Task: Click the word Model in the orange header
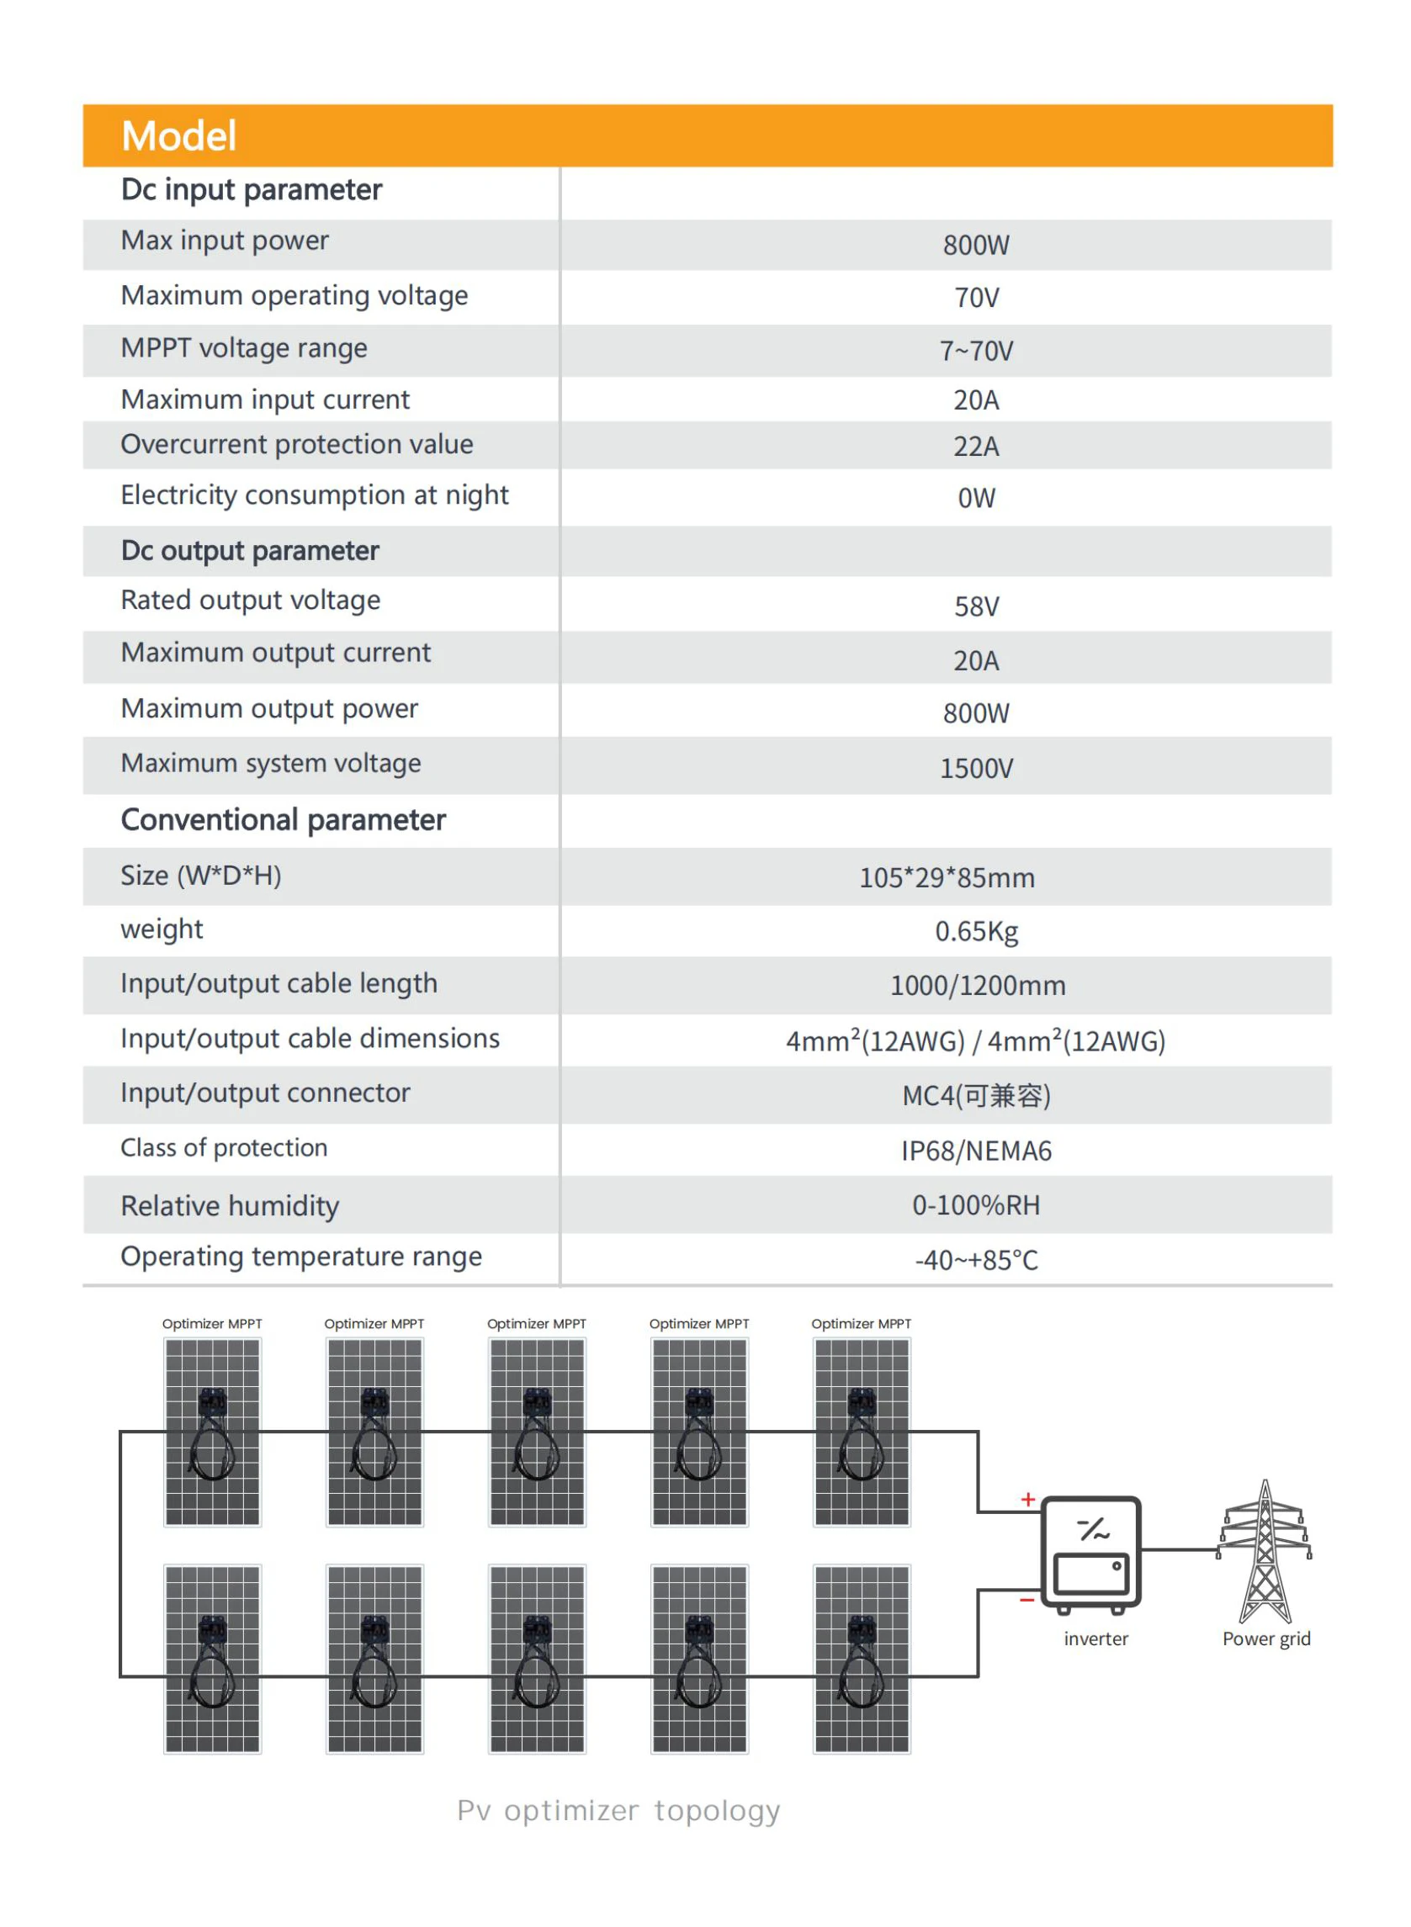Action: [x=178, y=135]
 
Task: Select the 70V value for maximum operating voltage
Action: [x=976, y=298]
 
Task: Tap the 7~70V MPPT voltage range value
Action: [x=976, y=351]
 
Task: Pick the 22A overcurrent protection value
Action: [x=976, y=447]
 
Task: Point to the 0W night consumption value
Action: [x=976, y=498]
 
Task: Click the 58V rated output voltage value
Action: [x=976, y=606]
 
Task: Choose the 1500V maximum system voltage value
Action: [x=976, y=769]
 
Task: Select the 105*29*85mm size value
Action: [x=947, y=877]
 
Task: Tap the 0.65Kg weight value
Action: [x=976, y=931]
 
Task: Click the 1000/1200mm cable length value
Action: [x=978, y=986]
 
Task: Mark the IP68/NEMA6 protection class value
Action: [x=976, y=1151]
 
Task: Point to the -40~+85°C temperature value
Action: [x=976, y=1260]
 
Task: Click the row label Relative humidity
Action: [x=230, y=1205]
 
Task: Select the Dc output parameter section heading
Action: [x=249, y=551]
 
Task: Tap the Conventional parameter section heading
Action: [x=283, y=819]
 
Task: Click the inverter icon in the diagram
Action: [x=1090, y=1554]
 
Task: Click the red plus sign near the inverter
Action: [x=1027, y=1499]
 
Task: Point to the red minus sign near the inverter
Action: [x=1026, y=1600]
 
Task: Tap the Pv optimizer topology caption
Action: [x=618, y=1810]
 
